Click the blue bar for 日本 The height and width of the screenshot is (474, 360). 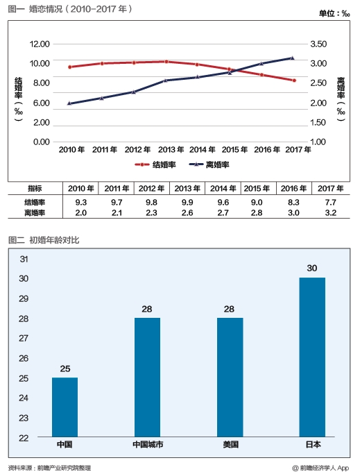point(312,357)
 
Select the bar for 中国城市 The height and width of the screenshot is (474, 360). point(147,378)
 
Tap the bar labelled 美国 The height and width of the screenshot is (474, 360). point(230,378)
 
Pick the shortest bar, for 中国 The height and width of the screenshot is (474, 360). point(65,407)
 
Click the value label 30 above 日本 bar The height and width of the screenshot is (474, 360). point(312,268)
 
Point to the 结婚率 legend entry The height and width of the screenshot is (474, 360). point(155,164)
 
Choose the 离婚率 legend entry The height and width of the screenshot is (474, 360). point(209,164)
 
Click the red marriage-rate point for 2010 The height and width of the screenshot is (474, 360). point(70,67)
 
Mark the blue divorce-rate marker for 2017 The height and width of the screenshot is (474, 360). point(292,58)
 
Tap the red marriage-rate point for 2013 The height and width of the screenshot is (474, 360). point(166,62)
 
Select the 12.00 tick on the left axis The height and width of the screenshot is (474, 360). point(40,44)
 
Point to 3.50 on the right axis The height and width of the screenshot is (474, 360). point(318,44)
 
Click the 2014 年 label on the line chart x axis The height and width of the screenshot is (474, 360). point(203,150)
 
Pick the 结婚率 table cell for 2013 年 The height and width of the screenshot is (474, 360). point(187,202)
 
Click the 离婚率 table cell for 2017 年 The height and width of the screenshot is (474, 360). point(331,213)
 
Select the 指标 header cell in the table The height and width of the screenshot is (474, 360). point(35,189)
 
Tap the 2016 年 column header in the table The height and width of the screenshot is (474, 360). point(293,189)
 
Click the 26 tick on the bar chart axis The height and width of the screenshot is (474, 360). point(24,359)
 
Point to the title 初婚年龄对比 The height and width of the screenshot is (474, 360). point(54,240)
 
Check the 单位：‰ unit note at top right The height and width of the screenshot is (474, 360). point(334,13)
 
